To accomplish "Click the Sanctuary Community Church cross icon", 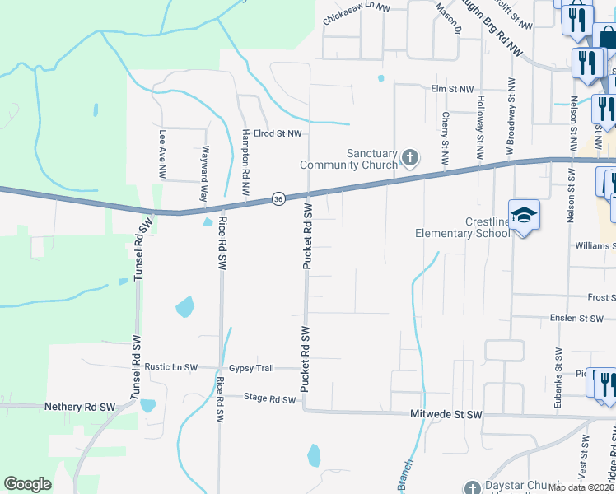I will [410, 156].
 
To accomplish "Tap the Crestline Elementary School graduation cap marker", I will [524, 216].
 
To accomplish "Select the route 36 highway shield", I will [278, 198].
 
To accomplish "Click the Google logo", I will [28, 484].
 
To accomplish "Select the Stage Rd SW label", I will [269, 399].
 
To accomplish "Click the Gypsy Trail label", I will [251, 367].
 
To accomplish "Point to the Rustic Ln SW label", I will [171, 367].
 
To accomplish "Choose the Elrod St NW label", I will [278, 133].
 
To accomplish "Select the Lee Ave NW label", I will [163, 155].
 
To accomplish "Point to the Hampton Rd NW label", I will [245, 161].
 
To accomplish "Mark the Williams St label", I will [595, 245].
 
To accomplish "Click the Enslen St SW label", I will [576, 319].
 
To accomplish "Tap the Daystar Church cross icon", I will [471, 487].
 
